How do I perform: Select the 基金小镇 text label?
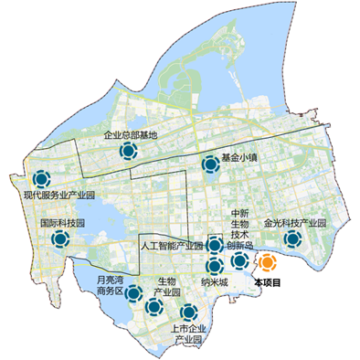tap(240, 157)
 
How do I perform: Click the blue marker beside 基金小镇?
tap(209, 164)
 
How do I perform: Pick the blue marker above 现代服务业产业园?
tap(41, 179)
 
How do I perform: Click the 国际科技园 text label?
tap(61, 222)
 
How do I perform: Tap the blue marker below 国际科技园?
tap(60, 239)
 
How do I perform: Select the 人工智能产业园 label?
tap(173, 246)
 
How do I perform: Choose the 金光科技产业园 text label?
tap(294, 222)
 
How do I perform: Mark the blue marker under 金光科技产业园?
tap(292, 239)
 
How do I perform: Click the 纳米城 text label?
tap(214, 283)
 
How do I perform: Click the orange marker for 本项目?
tap(267, 263)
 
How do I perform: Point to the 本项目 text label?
tap(268, 283)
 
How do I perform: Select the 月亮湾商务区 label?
tap(115, 285)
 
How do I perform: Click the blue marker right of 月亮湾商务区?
tap(134, 294)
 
